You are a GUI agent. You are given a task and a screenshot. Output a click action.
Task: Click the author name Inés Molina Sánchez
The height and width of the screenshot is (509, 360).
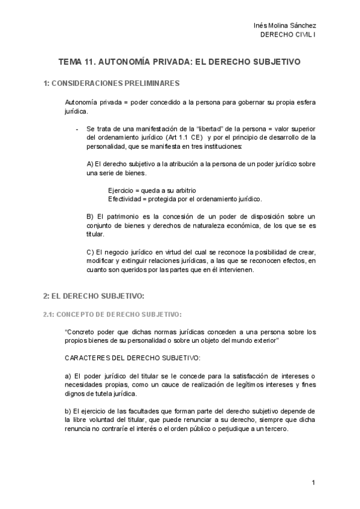(x=285, y=25)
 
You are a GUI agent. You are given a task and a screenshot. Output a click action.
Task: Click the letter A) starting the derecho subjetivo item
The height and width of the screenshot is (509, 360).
(x=91, y=164)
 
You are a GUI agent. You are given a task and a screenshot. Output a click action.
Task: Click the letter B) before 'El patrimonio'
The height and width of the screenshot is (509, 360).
(x=91, y=216)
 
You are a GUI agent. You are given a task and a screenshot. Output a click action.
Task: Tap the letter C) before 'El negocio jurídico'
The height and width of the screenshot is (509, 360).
(x=91, y=251)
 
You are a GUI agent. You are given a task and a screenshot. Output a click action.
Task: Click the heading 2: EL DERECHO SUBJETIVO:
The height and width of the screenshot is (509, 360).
(x=94, y=297)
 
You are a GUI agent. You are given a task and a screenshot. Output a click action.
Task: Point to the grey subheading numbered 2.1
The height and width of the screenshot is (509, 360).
(x=112, y=315)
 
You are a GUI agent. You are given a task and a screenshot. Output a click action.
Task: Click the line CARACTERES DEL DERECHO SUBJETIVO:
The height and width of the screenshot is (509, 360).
(x=132, y=358)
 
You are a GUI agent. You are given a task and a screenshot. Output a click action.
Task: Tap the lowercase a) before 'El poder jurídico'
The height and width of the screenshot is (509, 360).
(x=67, y=376)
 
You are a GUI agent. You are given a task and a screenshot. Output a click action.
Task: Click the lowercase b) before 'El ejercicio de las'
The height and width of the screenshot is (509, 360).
(x=67, y=411)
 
